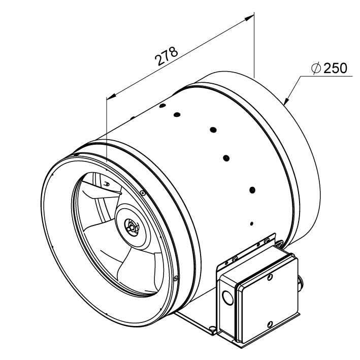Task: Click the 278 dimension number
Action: tap(166, 56)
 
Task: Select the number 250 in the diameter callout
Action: tap(336, 68)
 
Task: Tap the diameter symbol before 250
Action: tap(316, 68)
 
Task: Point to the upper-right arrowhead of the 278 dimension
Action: tap(249, 18)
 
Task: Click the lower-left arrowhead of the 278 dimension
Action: tap(112, 96)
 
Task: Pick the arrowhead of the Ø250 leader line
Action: tap(286, 101)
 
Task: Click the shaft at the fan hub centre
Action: tap(131, 227)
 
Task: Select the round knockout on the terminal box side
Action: tap(228, 298)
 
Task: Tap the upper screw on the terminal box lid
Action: tap(270, 277)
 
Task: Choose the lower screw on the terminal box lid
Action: tap(270, 324)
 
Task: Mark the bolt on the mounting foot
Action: tap(213, 329)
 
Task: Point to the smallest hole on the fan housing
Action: tap(252, 223)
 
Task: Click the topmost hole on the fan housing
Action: tap(162, 106)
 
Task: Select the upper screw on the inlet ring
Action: tap(143, 193)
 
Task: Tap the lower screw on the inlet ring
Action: tap(176, 278)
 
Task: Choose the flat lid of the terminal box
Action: tap(268, 301)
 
